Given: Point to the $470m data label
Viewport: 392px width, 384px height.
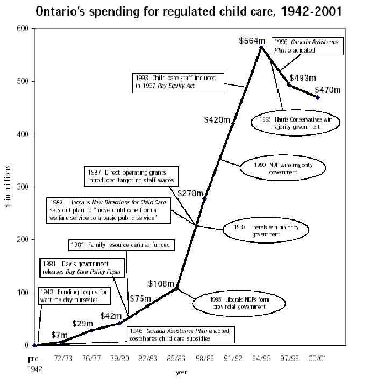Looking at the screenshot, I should point(327,90).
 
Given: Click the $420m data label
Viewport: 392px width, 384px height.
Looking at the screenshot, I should point(217,119).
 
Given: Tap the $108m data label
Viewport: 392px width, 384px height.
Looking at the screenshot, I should point(161,283).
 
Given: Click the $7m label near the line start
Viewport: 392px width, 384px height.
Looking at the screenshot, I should point(60,335).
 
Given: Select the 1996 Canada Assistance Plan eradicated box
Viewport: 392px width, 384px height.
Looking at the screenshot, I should point(302,45).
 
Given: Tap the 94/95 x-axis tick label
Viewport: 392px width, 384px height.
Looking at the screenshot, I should point(260,359).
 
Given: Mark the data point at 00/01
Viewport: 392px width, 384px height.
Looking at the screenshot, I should point(318,97).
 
